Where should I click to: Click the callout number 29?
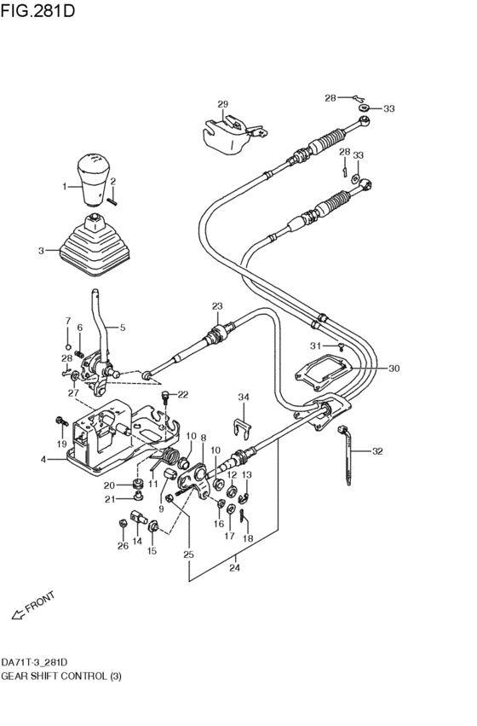click(222, 105)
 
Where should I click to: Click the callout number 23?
click(216, 306)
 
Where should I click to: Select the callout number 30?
click(394, 369)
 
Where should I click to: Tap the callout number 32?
click(378, 451)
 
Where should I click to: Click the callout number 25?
click(188, 555)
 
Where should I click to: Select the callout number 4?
click(43, 460)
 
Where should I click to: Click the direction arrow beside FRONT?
click(16, 612)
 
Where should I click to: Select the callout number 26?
click(123, 546)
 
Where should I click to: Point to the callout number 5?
click(122, 327)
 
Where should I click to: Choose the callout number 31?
click(314, 346)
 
